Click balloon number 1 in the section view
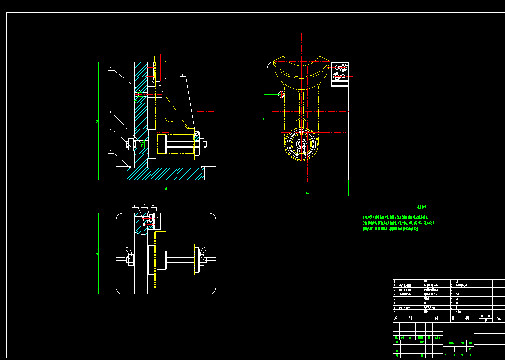pos(111,152)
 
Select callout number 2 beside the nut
pos(111,129)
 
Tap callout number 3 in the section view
pos(111,113)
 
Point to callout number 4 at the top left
pos(111,68)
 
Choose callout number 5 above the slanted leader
pos(182,75)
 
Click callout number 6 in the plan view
pos(135,205)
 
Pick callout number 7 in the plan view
pos(144,205)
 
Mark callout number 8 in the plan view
pos(153,205)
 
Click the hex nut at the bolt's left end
pos(131,144)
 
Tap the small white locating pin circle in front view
pos(281,94)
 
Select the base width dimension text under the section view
pos(166,188)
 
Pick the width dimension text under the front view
pos(307,193)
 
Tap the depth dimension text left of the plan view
pos(97,254)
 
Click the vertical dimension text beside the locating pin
pos(264,119)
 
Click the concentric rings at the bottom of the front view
pos(301,145)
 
